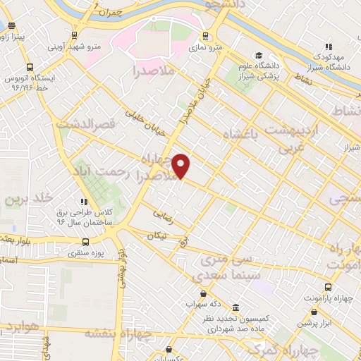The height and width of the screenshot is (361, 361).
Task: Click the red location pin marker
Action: click(x=181, y=166)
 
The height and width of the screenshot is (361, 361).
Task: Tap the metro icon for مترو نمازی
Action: click(x=206, y=36)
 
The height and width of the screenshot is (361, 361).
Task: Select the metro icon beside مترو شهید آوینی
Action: click(x=75, y=35)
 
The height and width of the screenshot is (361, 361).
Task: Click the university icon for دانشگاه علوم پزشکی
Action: click(x=259, y=56)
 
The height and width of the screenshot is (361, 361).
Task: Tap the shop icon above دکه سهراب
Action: click(x=204, y=293)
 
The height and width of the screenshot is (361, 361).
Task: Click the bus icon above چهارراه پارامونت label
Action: click(x=329, y=286)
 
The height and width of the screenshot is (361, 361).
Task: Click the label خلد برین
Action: click(x=28, y=199)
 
